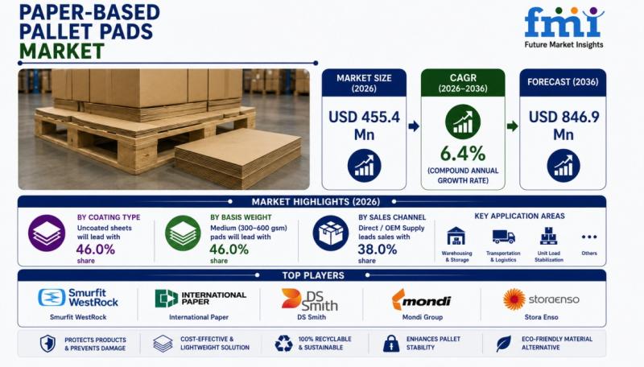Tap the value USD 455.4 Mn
[x=364, y=126]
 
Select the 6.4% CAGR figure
[x=463, y=154]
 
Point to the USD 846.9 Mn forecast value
[x=563, y=126]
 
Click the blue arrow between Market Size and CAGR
[x=414, y=126]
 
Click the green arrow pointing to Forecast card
[x=512, y=126]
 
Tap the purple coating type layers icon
[x=47, y=233]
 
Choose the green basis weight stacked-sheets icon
[x=184, y=233]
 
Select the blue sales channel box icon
[x=331, y=233]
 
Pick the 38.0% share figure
[x=377, y=249]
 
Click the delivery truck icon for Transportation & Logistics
[x=504, y=237]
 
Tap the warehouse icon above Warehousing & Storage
[x=456, y=237]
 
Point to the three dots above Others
[x=589, y=237]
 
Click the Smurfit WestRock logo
[x=78, y=298]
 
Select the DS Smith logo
[x=310, y=299]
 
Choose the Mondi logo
[x=421, y=299]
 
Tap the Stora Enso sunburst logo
[x=514, y=299]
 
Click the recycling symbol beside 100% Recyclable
[x=283, y=344]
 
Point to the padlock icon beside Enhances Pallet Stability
[x=391, y=344]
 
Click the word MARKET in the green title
[x=62, y=52]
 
